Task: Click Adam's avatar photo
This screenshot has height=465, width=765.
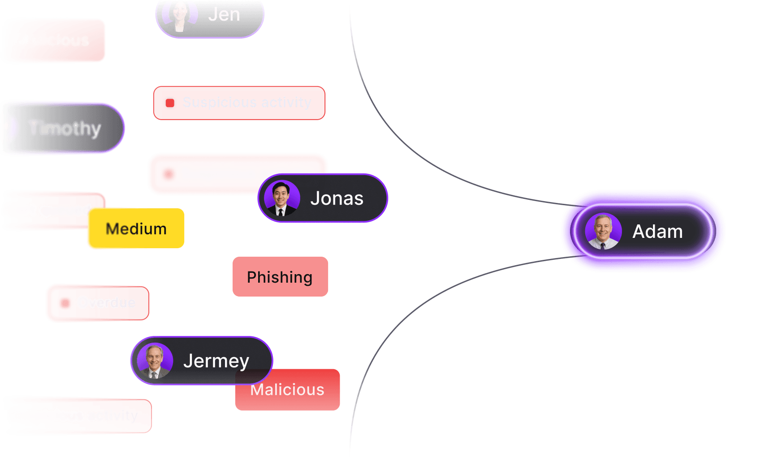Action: (x=603, y=231)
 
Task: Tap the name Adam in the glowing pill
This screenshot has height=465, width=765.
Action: (x=657, y=232)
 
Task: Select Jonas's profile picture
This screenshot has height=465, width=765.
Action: (x=282, y=198)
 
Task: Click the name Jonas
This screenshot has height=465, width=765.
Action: (x=337, y=198)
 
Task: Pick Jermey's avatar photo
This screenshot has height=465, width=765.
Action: (x=155, y=361)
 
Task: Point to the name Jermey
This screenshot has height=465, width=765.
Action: (x=216, y=361)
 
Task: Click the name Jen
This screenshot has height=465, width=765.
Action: (x=224, y=14)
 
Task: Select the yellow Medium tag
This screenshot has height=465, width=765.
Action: (x=136, y=228)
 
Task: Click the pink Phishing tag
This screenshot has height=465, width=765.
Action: (x=280, y=277)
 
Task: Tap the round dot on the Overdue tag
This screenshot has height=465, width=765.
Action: (x=65, y=303)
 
